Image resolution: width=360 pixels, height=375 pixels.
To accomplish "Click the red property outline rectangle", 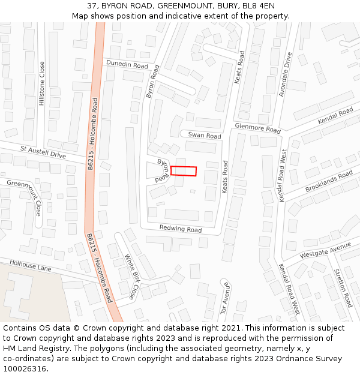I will (184, 171).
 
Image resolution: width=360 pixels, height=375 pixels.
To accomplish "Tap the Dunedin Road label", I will (127, 65).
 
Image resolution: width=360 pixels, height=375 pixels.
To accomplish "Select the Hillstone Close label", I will (42, 84).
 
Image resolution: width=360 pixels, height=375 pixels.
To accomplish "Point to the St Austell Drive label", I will (43, 151).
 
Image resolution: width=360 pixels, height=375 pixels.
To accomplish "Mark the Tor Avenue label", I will (223, 298).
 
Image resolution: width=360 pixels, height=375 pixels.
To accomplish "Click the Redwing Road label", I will (180, 229).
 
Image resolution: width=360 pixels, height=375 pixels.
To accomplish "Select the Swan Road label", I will (204, 136).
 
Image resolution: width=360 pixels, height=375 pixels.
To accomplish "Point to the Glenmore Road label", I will (257, 128).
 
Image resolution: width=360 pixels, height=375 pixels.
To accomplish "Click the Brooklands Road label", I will (329, 181).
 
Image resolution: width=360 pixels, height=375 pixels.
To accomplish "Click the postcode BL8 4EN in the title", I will (259, 6).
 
